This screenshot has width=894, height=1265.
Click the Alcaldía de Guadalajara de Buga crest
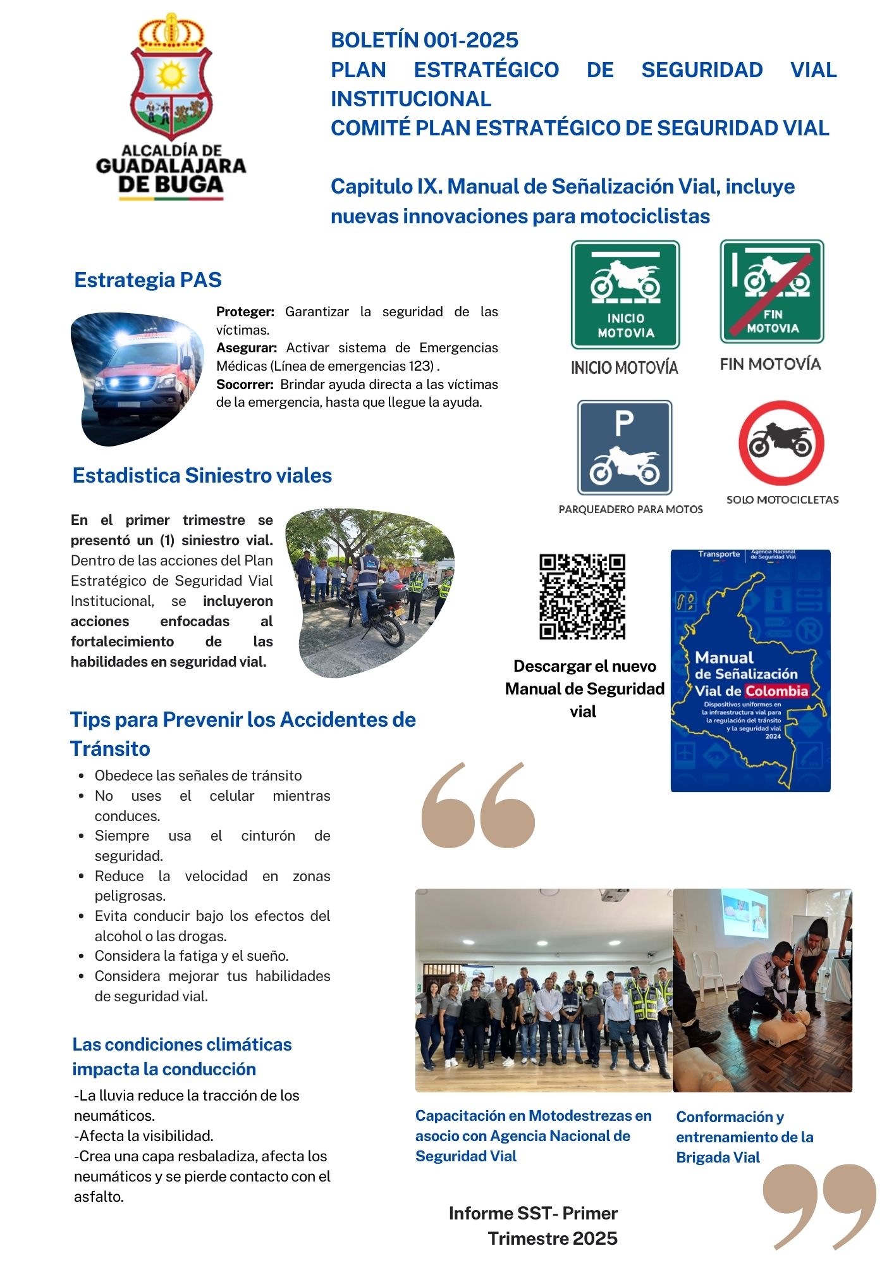click(x=171, y=79)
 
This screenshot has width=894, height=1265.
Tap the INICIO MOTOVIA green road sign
click(x=625, y=295)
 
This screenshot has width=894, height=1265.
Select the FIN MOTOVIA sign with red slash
click(x=772, y=292)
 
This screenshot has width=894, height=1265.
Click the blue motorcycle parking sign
click(x=625, y=447)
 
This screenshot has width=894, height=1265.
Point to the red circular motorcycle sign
click(x=781, y=443)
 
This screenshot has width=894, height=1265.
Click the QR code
click(x=582, y=596)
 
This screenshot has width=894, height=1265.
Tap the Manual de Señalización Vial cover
click(x=750, y=670)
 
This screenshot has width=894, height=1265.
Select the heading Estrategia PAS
click(x=148, y=280)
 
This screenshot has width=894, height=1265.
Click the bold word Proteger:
click(x=245, y=312)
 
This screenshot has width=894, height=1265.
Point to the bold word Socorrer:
click(x=245, y=385)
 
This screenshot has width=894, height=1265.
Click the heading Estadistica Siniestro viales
click(x=202, y=476)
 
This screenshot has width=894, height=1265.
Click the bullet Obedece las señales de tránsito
click(x=198, y=775)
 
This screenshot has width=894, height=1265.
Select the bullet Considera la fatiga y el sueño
click(x=192, y=956)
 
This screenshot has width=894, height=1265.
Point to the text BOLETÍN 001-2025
click(x=424, y=40)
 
